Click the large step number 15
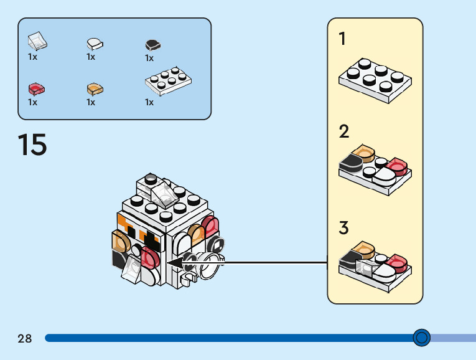point(32,144)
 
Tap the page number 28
point(25,339)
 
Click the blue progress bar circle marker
point(421,338)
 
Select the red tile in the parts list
point(37,89)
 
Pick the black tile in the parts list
point(152,45)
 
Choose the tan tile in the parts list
point(95,89)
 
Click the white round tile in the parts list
point(95,44)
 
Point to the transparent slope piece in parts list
point(37,42)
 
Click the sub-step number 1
point(342,39)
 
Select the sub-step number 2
point(343,131)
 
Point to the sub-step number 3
point(343,228)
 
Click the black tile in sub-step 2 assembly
point(352,164)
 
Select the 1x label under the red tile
point(32,102)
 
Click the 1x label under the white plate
point(149,102)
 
